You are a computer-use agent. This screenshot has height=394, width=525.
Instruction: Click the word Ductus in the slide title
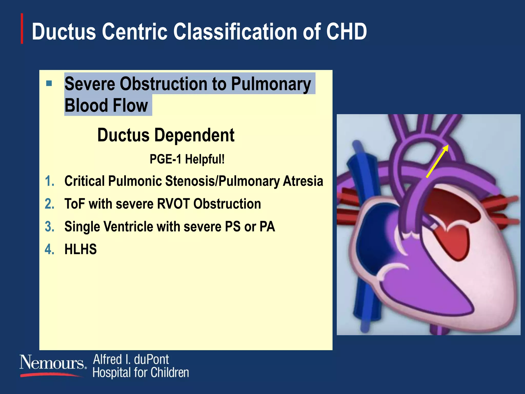point(64,32)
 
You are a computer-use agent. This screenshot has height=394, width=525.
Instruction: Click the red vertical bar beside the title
point(22,28)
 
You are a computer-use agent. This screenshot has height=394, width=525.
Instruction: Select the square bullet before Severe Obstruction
point(49,83)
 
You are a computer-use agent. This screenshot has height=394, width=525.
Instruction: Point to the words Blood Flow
point(106,105)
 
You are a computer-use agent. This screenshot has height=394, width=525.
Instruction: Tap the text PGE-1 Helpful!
point(187,159)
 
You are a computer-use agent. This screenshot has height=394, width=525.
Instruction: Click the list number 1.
point(49,181)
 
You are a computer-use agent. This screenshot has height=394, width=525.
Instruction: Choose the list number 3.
point(49,227)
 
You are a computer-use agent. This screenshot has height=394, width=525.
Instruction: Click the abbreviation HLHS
point(80,249)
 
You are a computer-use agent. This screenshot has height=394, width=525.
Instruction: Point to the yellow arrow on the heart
point(437,161)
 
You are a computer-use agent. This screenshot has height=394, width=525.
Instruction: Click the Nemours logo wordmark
point(52,363)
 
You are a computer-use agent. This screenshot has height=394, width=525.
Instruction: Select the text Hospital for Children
point(140,373)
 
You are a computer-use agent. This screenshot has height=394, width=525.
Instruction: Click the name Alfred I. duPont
point(131,359)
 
